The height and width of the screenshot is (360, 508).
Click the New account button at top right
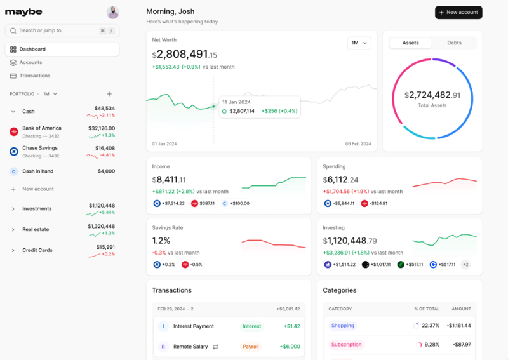[x=458, y=13]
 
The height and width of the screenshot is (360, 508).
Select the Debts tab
[x=454, y=43]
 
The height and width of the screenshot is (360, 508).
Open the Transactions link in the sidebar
[x=34, y=76]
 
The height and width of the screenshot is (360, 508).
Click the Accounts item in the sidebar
[x=30, y=62]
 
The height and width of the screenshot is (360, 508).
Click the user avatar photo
[x=112, y=12]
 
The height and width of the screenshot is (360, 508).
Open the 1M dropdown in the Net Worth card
[x=359, y=43]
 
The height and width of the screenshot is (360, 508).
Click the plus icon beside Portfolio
[x=109, y=94]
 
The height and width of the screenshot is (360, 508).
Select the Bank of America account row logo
[x=14, y=131]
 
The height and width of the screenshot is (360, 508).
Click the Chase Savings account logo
[x=14, y=152]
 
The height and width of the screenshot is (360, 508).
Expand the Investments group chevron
[x=13, y=209]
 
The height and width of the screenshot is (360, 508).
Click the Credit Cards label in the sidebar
[x=37, y=250]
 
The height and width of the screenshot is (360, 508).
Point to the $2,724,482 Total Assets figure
[x=432, y=95]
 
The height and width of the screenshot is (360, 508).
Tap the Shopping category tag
[x=342, y=326]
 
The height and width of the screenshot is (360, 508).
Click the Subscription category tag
[x=346, y=345]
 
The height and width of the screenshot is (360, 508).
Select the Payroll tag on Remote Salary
[x=251, y=347]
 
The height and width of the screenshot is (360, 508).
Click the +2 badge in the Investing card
[x=465, y=265]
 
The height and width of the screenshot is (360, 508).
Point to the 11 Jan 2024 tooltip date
[x=237, y=102]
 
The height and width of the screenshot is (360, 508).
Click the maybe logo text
[x=23, y=12]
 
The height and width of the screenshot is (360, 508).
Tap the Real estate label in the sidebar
[x=36, y=229]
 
